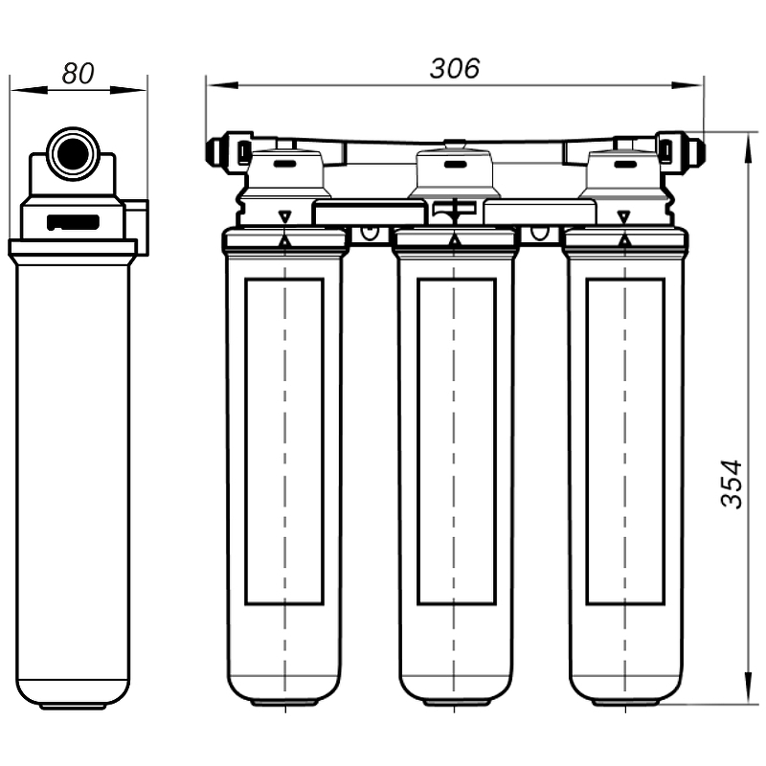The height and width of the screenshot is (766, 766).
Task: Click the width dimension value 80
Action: coord(78,73)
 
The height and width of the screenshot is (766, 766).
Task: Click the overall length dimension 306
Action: coord(454,69)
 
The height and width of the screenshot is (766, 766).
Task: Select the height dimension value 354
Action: coord(732,484)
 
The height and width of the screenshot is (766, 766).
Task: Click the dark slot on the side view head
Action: coord(73,222)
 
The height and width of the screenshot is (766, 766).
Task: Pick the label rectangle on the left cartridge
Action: coord(283,441)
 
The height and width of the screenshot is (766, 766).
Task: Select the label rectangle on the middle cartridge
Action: coord(456,441)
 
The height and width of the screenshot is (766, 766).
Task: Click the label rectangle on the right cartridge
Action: coord(624,441)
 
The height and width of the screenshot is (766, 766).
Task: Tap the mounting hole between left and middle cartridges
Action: coord(370,233)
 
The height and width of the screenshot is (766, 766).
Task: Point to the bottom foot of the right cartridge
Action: coord(624,702)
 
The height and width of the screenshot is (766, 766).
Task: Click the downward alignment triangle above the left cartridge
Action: coord(284,216)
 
